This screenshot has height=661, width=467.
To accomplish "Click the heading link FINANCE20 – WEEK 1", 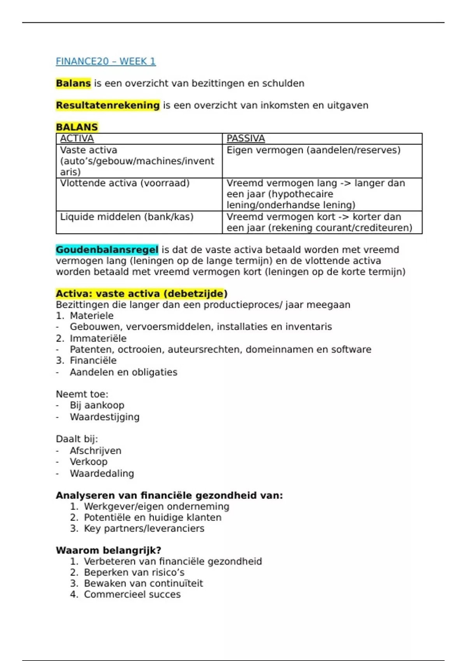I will click(x=105, y=61).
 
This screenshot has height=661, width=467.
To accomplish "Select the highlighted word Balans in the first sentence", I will click(x=73, y=83).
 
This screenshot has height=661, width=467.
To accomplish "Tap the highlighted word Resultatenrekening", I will click(x=107, y=105).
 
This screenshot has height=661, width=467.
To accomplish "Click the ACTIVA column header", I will click(x=77, y=138).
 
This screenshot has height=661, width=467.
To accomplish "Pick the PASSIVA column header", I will click(x=246, y=138).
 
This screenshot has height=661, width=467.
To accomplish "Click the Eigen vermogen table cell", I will click(x=313, y=150).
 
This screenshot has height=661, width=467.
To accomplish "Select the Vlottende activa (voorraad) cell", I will click(x=125, y=183).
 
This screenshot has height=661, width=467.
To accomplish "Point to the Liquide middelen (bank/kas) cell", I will click(x=126, y=217).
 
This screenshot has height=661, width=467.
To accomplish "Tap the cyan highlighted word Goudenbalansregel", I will click(x=107, y=250).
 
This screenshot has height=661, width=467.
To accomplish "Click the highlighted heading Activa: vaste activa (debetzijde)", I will click(x=141, y=294).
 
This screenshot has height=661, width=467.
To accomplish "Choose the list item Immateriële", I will click(x=98, y=338).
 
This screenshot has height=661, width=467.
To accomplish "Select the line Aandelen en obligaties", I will click(x=123, y=372).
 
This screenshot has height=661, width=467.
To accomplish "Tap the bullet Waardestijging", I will click(x=104, y=417).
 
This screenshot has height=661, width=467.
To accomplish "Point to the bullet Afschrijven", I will click(x=95, y=451).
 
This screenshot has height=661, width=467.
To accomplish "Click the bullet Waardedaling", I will click(x=102, y=473).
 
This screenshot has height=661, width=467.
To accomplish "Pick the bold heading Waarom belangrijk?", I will click(x=108, y=550).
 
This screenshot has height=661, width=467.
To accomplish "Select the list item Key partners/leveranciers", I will click(x=144, y=528).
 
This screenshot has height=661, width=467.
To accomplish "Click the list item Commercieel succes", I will click(x=132, y=594).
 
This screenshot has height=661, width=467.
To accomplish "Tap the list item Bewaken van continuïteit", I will click(x=143, y=583).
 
